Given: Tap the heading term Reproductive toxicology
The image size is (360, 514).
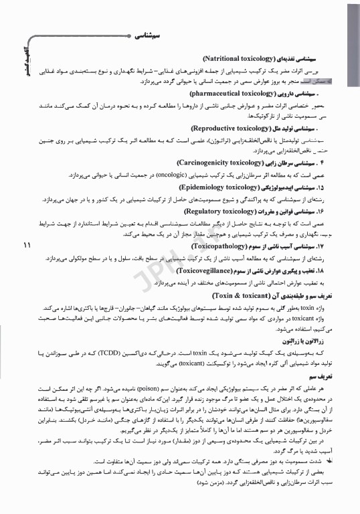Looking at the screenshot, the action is click(233, 127).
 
